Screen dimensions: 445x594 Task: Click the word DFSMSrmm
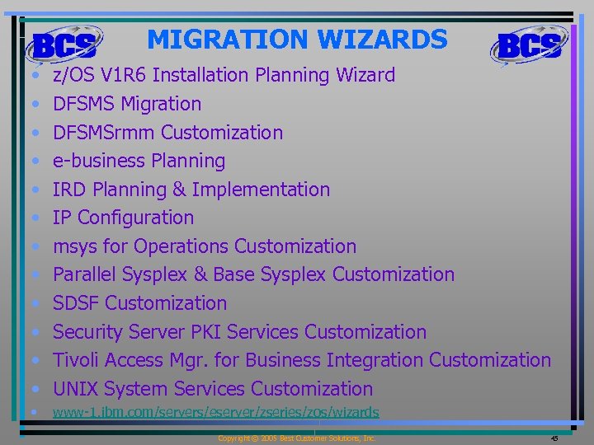(x=104, y=133)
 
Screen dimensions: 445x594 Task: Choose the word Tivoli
(x=77, y=360)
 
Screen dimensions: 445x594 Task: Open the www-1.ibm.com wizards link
(x=215, y=412)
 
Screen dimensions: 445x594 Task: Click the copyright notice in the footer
(x=296, y=438)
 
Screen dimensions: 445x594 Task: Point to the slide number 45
(x=554, y=438)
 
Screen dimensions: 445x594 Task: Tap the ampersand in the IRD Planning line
(x=178, y=190)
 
